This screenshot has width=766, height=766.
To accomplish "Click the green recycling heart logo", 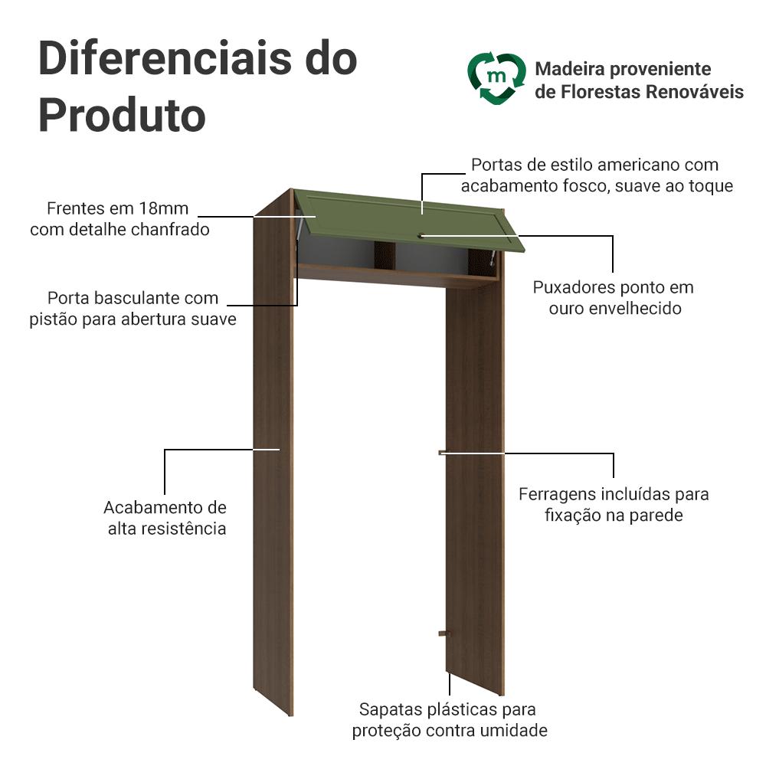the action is pos(496,78).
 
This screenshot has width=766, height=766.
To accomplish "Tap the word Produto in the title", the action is pos(122,116).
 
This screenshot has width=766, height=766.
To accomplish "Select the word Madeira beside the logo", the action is pos(570,69).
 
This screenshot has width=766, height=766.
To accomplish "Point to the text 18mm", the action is pos(164,208).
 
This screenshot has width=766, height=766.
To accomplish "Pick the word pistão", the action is pos(54,319).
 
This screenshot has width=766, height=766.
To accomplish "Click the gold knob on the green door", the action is pos(420,236).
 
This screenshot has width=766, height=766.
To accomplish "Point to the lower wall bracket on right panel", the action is pos(444,633).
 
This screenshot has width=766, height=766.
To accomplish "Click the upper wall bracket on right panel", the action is pos(443,453).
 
